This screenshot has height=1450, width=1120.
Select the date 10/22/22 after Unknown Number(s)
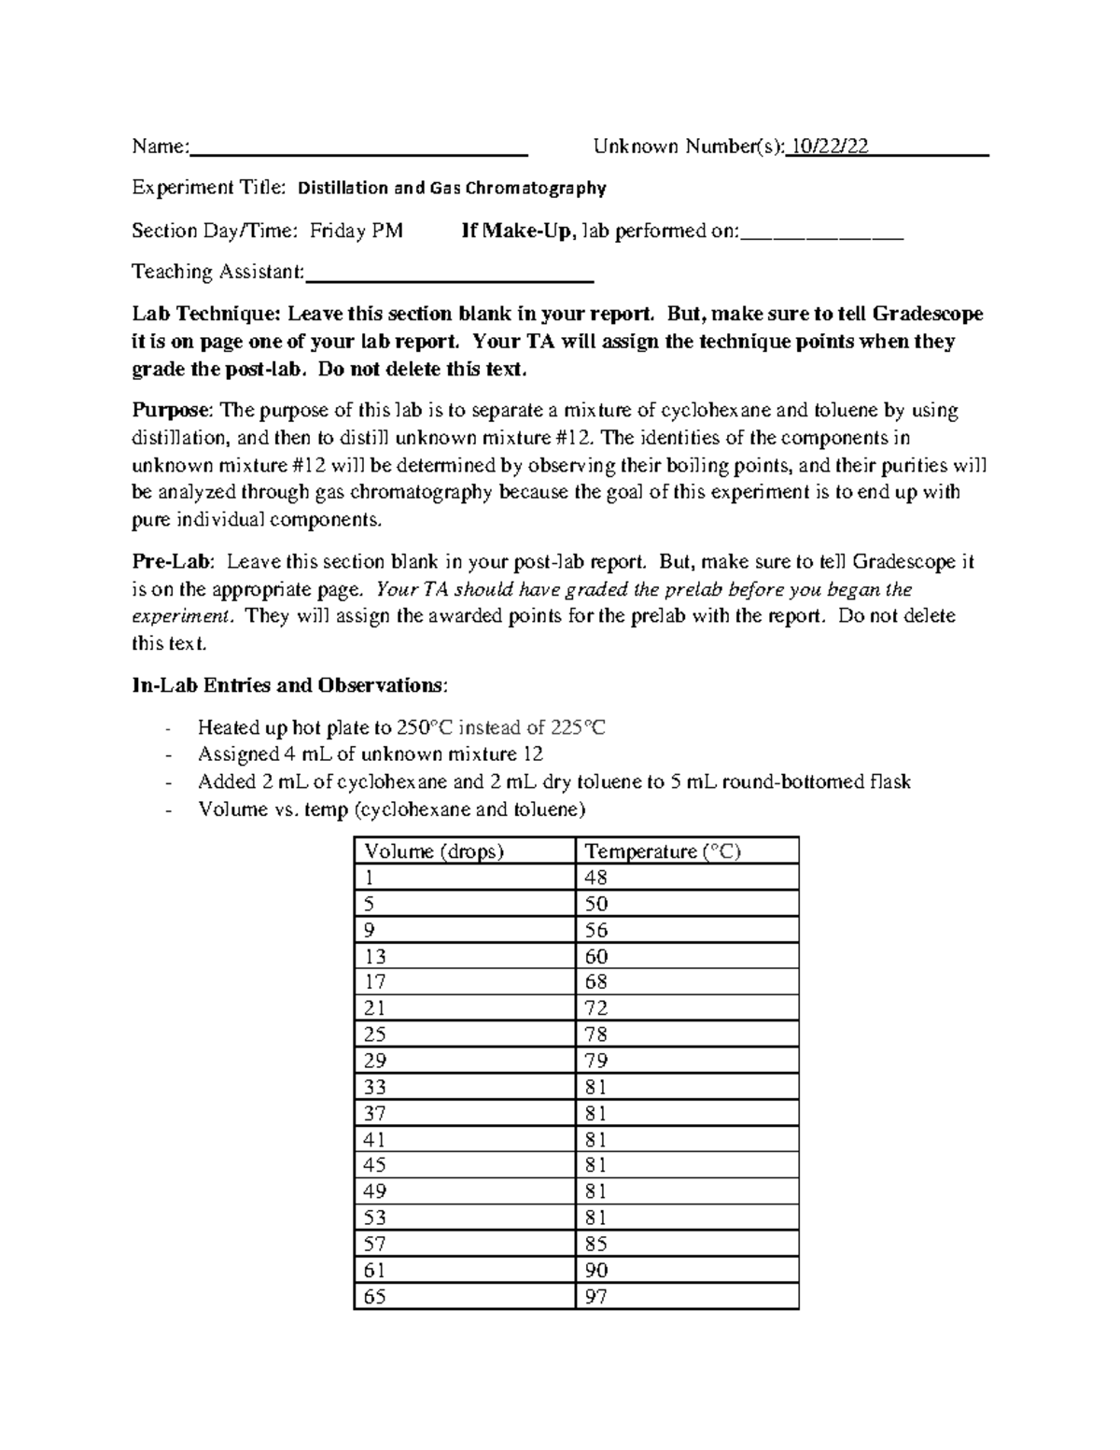point(830,146)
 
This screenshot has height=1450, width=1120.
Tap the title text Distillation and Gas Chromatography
point(452,189)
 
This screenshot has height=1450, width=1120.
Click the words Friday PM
point(357,231)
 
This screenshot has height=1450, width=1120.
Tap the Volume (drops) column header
point(434,851)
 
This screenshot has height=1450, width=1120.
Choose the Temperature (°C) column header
point(662,851)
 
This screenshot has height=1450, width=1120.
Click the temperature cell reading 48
point(595,878)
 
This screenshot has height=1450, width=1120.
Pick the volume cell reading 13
point(375,956)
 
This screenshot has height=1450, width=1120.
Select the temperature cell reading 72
point(595,1008)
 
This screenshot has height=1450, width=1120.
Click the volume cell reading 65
point(375,1296)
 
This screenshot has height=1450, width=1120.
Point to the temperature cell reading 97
point(595,1296)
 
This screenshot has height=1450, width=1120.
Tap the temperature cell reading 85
point(595,1244)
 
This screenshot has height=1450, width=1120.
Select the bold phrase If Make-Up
point(515,231)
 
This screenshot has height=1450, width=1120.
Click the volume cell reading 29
point(375,1061)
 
